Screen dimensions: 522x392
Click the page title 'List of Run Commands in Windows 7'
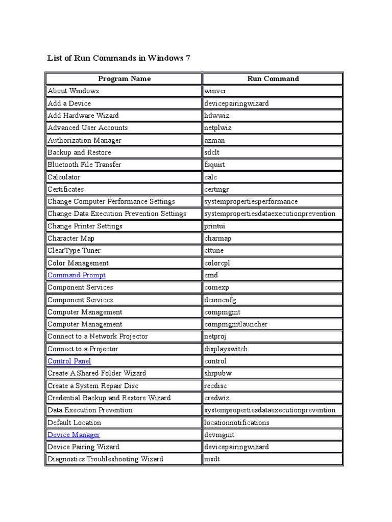[118, 58]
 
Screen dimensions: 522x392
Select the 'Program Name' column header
[124, 79]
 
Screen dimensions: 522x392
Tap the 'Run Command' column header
[273, 79]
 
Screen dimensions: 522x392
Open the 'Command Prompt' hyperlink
[77, 275]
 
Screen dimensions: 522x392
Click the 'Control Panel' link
[69, 361]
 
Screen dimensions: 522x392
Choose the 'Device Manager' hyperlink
[73, 435]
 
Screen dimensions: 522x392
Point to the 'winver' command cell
[215, 91]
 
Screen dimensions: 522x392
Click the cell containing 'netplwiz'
[218, 128]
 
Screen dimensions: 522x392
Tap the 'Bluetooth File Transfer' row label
[84, 165]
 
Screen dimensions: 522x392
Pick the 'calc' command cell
[211, 177]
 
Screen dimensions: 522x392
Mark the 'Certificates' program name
[66, 189]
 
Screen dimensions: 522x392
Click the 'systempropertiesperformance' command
[251, 201]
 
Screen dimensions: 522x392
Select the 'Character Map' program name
[71, 238]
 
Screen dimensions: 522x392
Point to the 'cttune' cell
[214, 250]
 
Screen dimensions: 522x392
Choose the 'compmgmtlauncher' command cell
[236, 324]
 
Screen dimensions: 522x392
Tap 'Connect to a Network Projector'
[97, 336]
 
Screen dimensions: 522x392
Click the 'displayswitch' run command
[226, 349]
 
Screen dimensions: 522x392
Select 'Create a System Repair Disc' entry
[93, 386]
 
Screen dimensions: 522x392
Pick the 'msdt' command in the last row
[212, 459]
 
